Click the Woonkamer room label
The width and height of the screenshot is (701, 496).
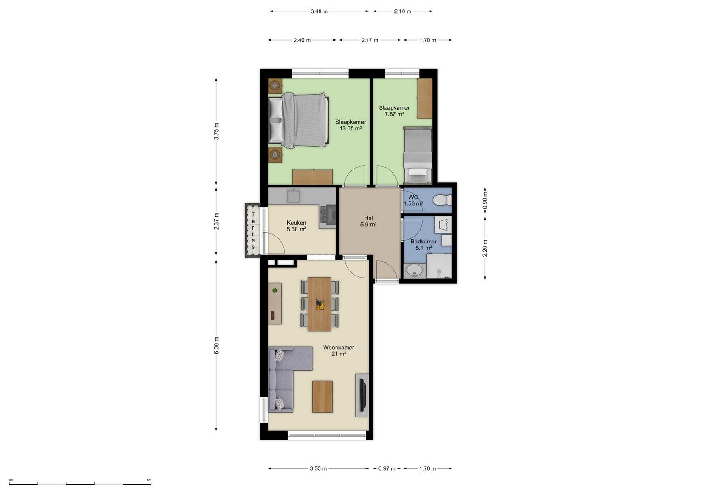point(339,348)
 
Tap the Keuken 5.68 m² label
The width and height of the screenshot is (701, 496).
point(297,226)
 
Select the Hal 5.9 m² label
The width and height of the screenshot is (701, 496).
point(368,221)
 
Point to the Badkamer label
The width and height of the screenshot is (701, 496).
point(423,242)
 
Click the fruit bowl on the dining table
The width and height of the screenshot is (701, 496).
point(320,304)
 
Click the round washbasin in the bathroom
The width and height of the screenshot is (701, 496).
point(415,270)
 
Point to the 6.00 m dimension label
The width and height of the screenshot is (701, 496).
point(216,345)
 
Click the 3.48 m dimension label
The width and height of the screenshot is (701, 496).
point(319,11)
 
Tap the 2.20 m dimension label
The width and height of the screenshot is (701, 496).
point(485,248)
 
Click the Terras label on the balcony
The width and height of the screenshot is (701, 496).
point(253,231)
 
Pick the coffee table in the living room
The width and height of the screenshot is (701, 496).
point(322,396)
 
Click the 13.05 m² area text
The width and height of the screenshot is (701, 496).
point(351,129)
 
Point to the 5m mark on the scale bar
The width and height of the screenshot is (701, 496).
point(149,480)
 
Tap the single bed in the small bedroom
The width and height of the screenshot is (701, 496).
point(418,155)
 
